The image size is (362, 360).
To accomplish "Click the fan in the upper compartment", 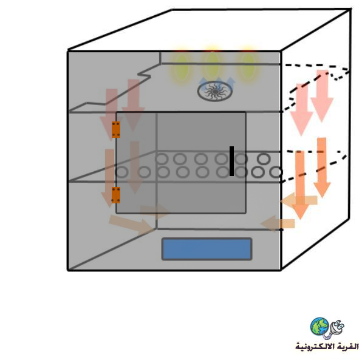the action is tap(215, 92).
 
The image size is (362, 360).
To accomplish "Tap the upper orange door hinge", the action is tap(116, 130).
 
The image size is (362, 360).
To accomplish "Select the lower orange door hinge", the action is tap(116, 195).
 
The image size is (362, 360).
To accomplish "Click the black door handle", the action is tap(231, 161).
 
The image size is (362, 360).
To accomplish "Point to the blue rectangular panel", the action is tap(207, 249).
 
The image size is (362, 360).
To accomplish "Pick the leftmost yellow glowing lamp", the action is tap(182, 67).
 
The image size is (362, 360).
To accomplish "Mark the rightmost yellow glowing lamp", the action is tap(247, 67).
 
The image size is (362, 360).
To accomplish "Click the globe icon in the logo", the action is tap(319, 326).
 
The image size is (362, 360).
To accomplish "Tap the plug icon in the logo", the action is tap(335, 329).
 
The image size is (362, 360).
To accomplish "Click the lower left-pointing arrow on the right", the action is tap(278, 223).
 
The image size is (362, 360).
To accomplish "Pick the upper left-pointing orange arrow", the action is tap(299, 200).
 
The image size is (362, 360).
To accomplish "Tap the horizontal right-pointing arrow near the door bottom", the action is tap(154, 211).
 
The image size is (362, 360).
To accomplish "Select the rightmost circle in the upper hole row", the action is tap(264, 159).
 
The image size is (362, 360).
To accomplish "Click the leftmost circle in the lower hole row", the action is tap(121, 172).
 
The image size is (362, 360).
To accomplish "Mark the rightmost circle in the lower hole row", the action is tap(276, 172).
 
